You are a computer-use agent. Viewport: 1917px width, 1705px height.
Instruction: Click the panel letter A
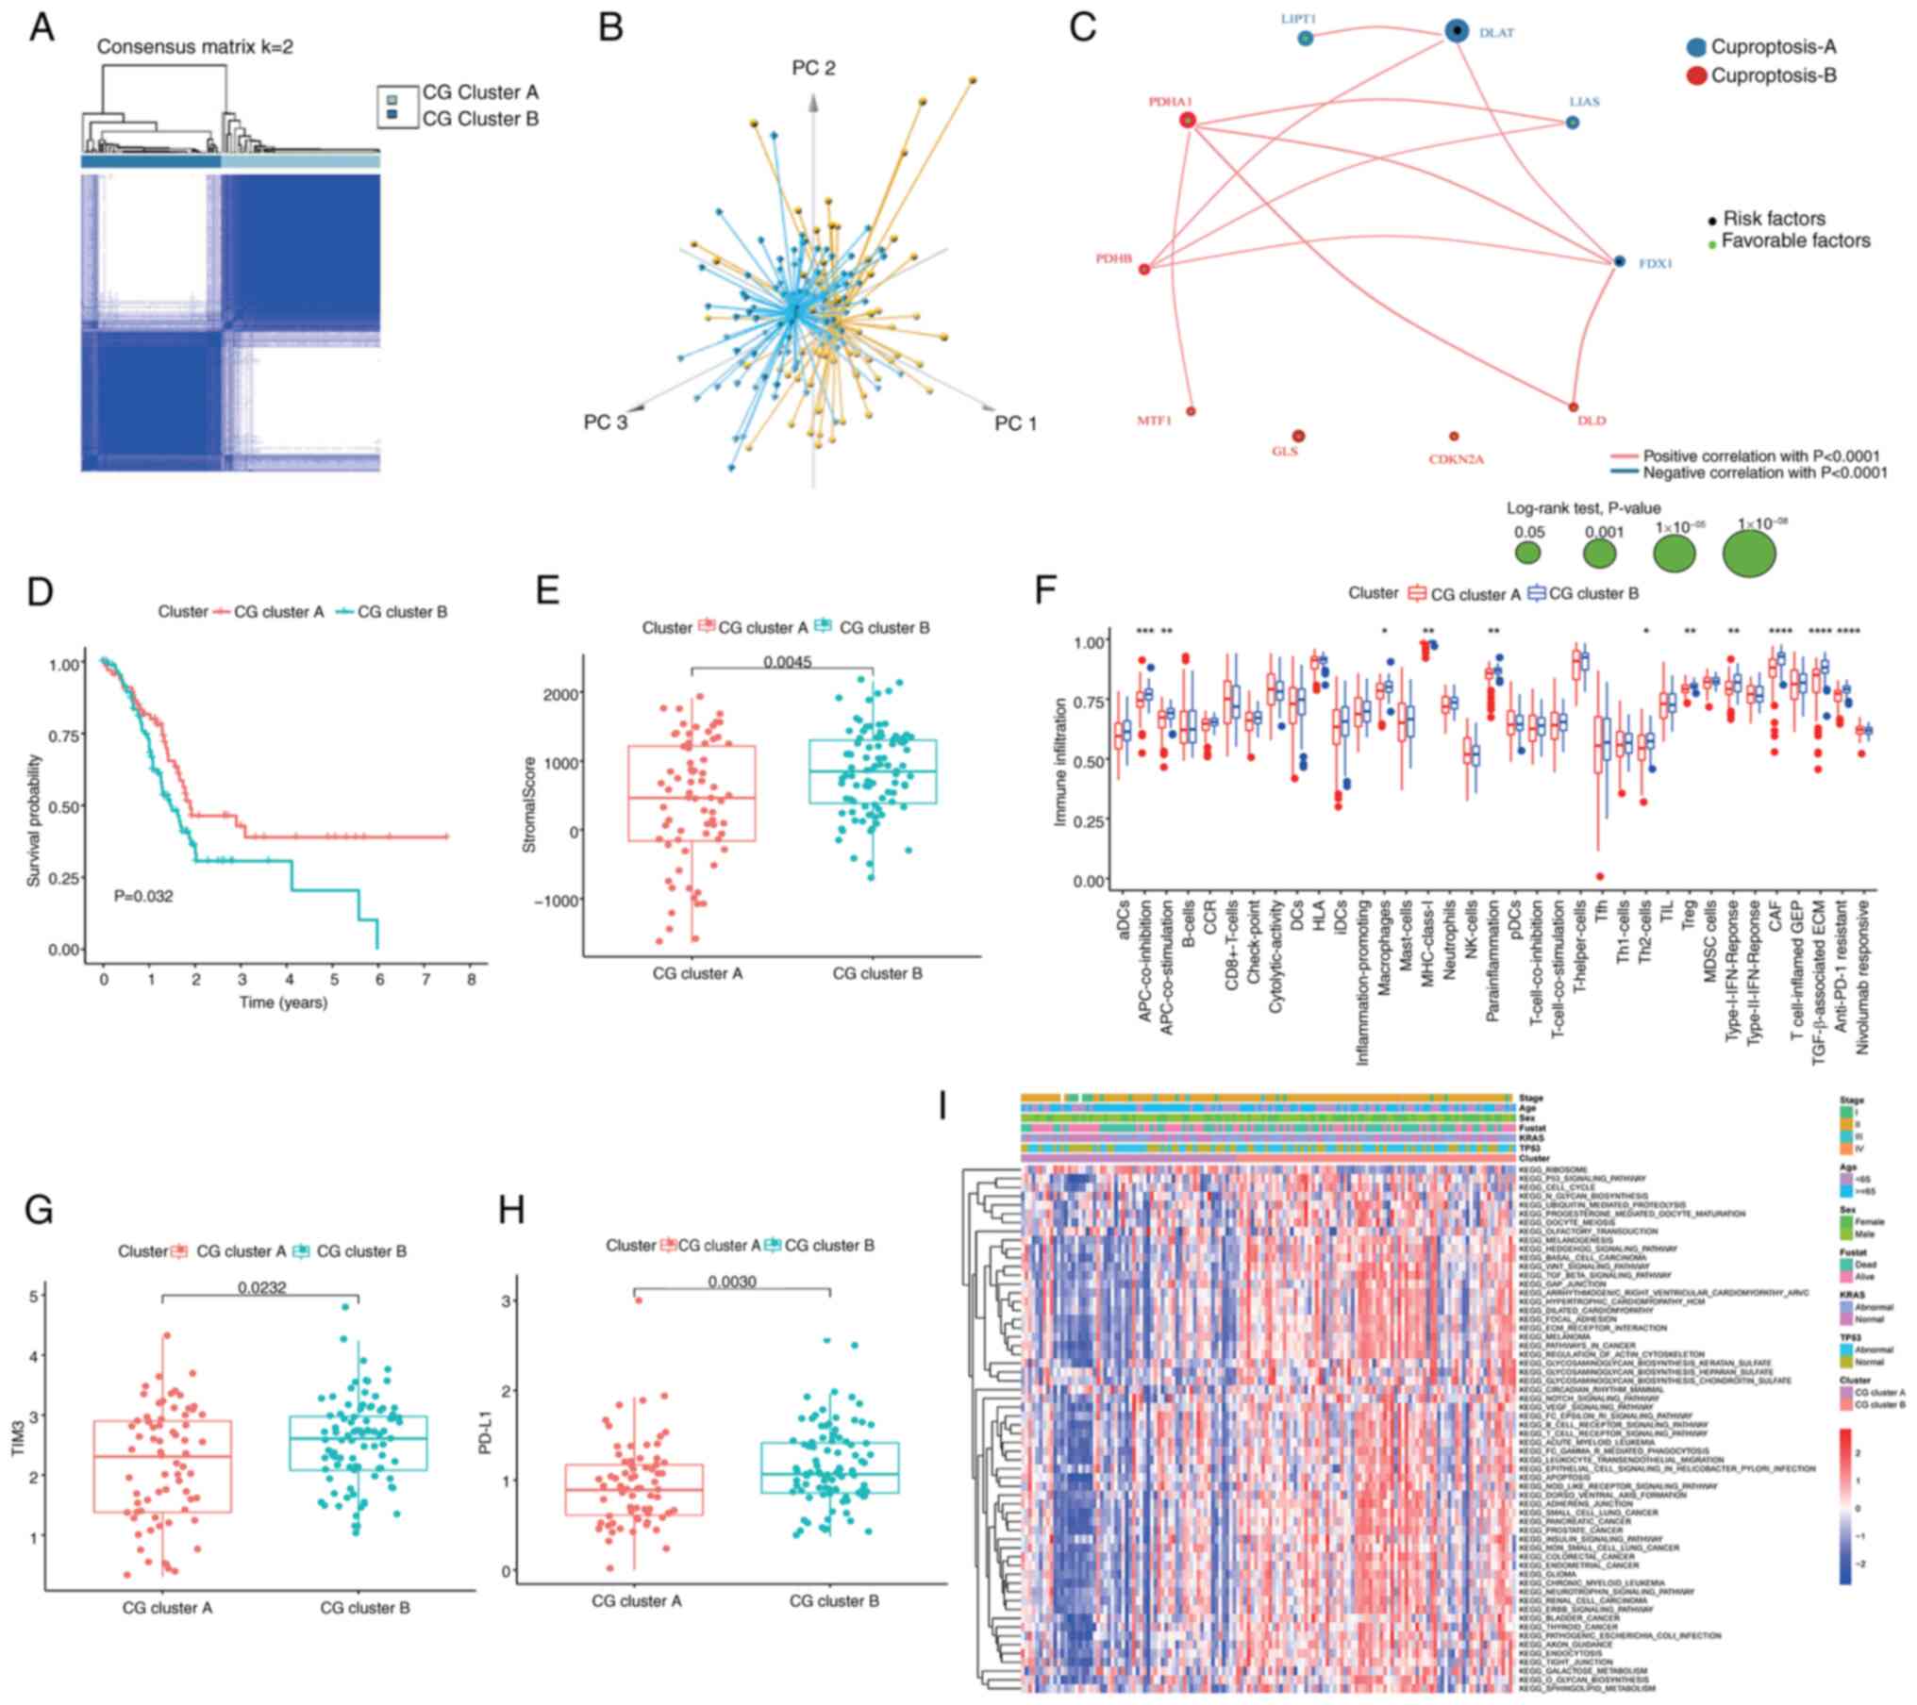pyautogui.click(x=42, y=28)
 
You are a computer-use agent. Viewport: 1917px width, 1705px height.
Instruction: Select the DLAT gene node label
pyautogui.click(x=1496, y=33)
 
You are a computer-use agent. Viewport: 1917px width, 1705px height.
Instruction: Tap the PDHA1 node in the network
pyautogui.click(x=1188, y=120)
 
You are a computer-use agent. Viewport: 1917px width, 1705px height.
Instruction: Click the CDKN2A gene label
pyautogui.click(x=1456, y=459)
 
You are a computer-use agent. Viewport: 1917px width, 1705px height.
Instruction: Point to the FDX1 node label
pyautogui.click(x=1655, y=265)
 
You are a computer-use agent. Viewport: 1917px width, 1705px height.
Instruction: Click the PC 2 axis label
pyautogui.click(x=812, y=69)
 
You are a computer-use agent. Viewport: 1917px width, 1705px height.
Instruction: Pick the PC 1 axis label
pyautogui.click(x=1015, y=424)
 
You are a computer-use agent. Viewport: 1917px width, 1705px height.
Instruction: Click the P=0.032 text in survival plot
pyautogui.click(x=143, y=896)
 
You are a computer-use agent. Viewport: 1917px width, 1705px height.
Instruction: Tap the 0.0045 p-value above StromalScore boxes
pyautogui.click(x=788, y=661)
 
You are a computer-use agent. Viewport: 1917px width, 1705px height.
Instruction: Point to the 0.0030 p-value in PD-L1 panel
pyautogui.click(x=731, y=1282)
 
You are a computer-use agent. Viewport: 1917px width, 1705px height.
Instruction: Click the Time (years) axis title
pyautogui.click(x=283, y=1002)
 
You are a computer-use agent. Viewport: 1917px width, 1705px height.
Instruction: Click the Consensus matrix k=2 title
pyautogui.click(x=194, y=46)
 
